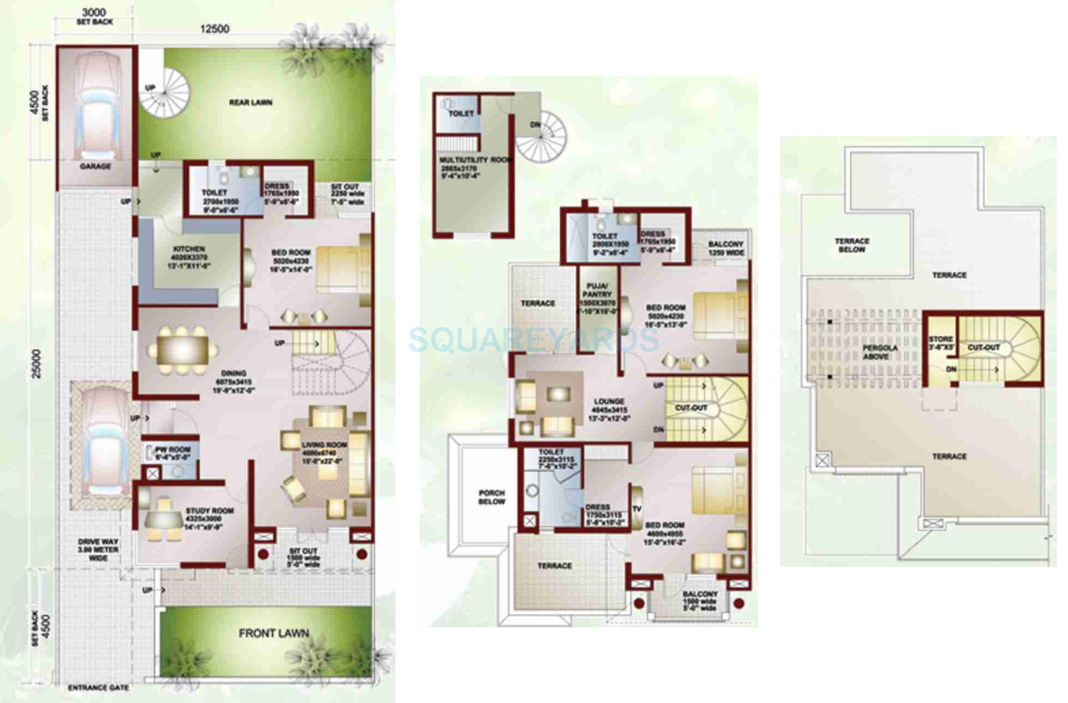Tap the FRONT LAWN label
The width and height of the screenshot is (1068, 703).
(x=274, y=633)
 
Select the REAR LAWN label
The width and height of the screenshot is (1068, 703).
(x=251, y=103)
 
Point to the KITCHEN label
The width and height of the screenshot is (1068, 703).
(x=189, y=249)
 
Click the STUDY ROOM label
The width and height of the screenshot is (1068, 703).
(x=210, y=510)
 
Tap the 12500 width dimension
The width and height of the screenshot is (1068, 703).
(x=214, y=29)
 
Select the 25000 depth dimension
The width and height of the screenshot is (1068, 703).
(x=36, y=363)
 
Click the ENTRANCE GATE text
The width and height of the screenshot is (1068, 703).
(x=99, y=688)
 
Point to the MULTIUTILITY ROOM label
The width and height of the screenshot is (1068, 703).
(x=475, y=160)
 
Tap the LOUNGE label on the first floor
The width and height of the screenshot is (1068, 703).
(x=609, y=401)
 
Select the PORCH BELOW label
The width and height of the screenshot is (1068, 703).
(x=491, y=497)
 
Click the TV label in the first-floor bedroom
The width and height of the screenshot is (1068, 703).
(x=637, y=509)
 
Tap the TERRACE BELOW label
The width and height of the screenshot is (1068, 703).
(x=852, y=245)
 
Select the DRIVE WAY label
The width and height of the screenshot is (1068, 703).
(x=98, y=542)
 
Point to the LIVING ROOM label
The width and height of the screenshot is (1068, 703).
(x=324, y=445)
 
